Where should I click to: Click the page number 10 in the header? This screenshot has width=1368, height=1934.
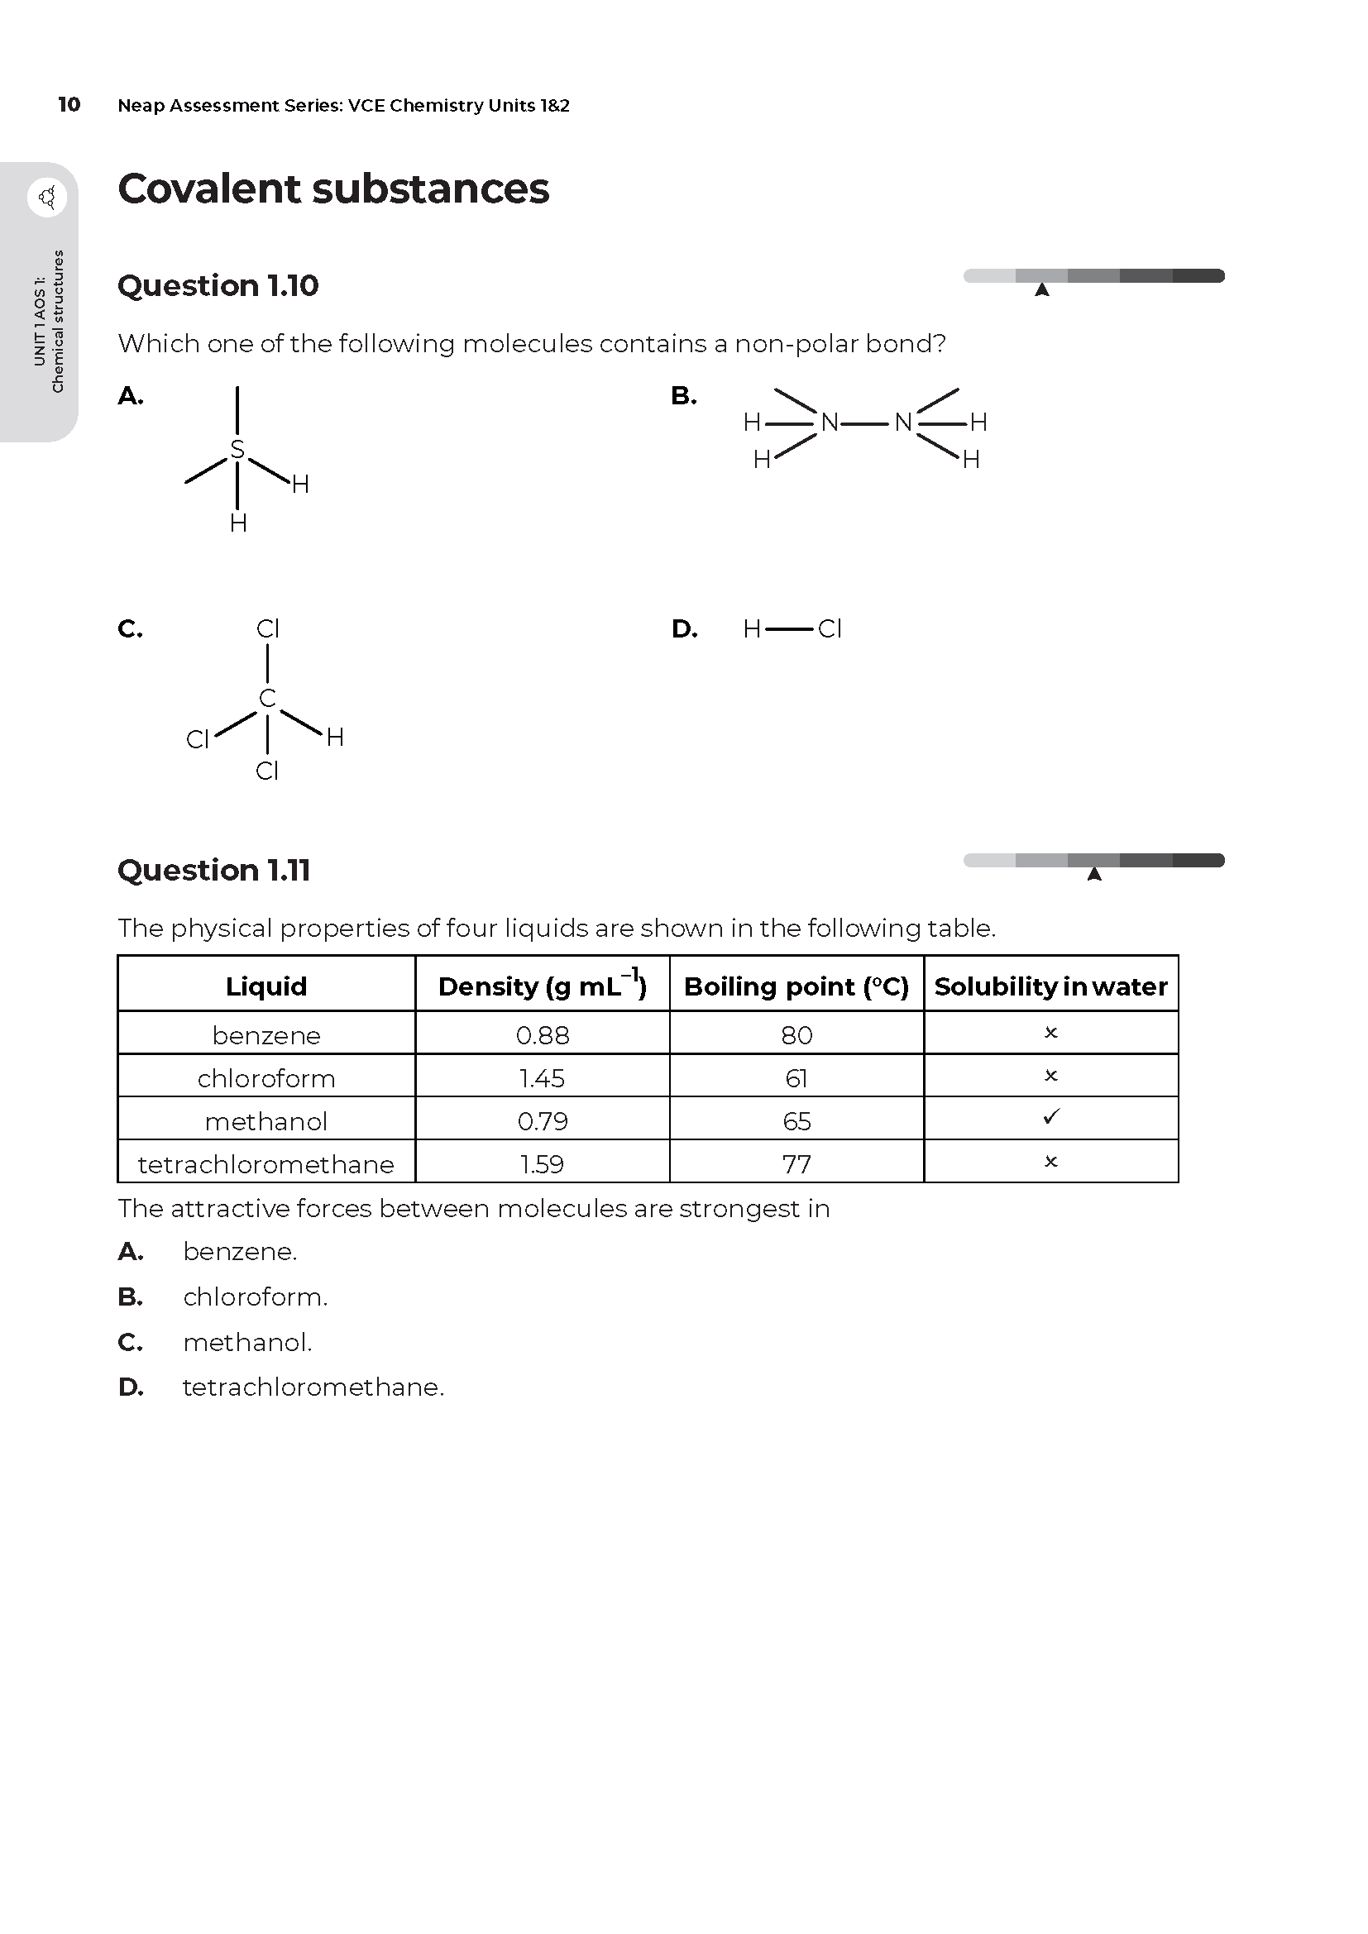(x=69, y=104)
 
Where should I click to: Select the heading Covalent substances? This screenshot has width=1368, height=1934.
(x=332, y=189)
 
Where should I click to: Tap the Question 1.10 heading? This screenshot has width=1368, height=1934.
(x=218, y=285)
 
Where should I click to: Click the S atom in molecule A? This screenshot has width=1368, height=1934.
(x=237, y=450)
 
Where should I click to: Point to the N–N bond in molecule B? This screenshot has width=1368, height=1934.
(x=866, y=422)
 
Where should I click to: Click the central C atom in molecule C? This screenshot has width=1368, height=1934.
(x=267, y=699)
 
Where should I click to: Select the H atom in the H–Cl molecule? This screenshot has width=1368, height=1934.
(x=751, y=629)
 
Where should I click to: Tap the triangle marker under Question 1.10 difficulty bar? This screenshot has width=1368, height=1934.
(x=1042, y=289)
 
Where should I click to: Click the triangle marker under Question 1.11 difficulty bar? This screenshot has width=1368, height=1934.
(x=1094, y=874)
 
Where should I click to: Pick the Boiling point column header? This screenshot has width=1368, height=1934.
(x=796, y=986)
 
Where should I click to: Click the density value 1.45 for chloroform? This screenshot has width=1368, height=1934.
(x=542, y=1078)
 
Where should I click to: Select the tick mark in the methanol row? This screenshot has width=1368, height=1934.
(x=1050, y=1117)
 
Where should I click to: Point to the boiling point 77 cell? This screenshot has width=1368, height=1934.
(x=796, y=1164)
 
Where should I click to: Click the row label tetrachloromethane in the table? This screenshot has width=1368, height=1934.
(x=265, y=1164)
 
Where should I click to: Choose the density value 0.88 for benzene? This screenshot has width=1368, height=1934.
(x=543, y=1035)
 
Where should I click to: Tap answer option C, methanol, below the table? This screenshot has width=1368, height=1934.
(x=246, y=1342)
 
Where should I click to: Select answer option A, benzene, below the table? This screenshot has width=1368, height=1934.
(x=239, y=1252)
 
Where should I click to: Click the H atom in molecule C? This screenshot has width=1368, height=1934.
(x=334, y=738)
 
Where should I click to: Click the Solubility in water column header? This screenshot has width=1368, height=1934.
(x=1050, y=986)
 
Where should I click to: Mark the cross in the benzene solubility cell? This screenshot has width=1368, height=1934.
(x=1050, y=1033)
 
